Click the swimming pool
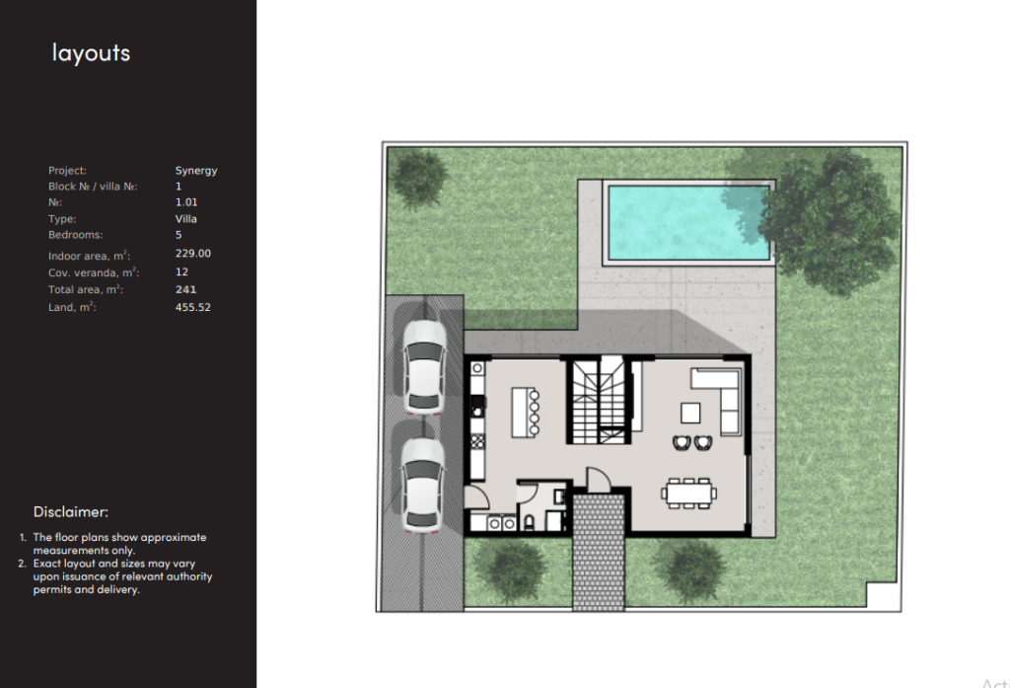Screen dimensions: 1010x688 [x=688, y=222]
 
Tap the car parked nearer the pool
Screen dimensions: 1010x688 [x=424, y=367]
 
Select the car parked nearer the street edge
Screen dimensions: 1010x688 [x=422, y=485]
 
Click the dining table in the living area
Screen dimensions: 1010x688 [x=688, y=494]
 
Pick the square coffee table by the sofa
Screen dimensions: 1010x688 [x=690, y=413]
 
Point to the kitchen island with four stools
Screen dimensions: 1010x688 [x=525, y=413]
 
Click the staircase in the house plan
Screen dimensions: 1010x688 [x=599, y=400]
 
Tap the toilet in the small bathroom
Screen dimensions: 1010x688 [x=530, y=522]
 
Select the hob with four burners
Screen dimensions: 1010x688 [x=477, y=442]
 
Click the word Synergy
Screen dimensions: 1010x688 [x=196, y=171]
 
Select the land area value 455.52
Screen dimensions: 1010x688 [x=192, y=308]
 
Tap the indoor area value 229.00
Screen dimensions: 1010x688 [x=192, y=254]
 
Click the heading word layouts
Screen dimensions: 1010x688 [x=91, y=53]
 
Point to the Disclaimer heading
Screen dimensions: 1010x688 [x=71, y=512]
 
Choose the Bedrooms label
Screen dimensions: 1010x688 [x=75, y=235]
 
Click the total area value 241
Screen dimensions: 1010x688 [x=185, y=290]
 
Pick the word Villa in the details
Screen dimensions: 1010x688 [x=185, y=219]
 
